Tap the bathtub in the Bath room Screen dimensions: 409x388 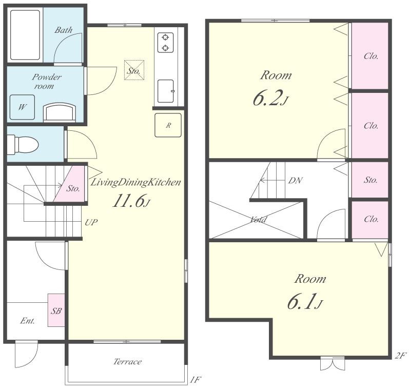click(x=25, y=35)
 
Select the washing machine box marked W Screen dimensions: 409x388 click(x=22, y=107)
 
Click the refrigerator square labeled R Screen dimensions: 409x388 click(x=168, y=125)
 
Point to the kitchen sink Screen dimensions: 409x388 click(x=166, y=91)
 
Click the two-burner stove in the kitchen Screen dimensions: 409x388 click(x=165, y=43)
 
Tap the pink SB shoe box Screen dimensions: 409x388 click(x=56, y=310)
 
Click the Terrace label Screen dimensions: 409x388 click(x=128, y=362)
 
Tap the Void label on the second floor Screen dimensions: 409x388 click(x=258, y=220)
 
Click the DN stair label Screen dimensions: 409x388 click(x=295, y=180)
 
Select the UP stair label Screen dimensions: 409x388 click(x=91, y=222)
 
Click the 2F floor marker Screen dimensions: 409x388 click(x=400, y=356)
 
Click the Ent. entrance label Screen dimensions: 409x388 click(x=28, y=321)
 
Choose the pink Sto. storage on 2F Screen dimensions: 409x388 click(x=370, y=180)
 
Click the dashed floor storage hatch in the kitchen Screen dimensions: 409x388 click(x=134, y=70)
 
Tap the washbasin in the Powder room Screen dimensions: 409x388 click(x=60, y=112)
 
